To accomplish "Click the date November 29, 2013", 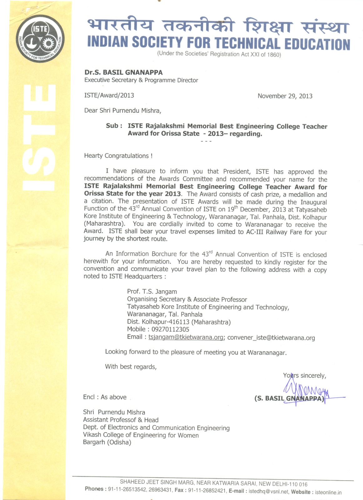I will coord(285,96).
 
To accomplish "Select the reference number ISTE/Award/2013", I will coord(109,95).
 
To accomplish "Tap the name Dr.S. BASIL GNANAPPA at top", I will coord(123,72).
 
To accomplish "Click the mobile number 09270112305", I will coord(170,329).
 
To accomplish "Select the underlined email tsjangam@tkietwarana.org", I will coord(186,337).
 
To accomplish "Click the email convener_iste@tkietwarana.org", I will coord(271,338).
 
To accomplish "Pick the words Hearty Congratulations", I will coord(118,156).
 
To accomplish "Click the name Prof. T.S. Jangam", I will coord(152,292).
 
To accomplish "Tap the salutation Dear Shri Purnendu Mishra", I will coord(122,111).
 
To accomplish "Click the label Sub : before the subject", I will coord(114,126).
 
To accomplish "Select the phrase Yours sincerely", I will coord(305,376).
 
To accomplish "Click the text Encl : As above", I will coord(105,397).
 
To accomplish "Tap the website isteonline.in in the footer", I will coord(328,492).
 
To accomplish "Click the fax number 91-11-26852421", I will coord(206,491).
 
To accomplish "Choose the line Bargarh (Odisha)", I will coord(107,442).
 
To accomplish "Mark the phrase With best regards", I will coord(131,367).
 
